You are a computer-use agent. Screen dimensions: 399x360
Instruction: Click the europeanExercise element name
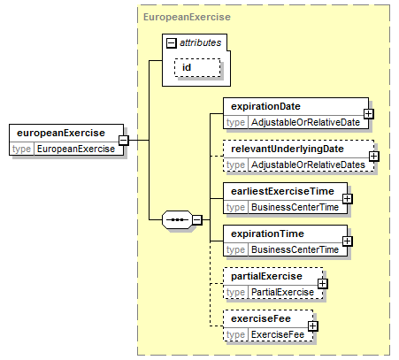[x=61, y=133]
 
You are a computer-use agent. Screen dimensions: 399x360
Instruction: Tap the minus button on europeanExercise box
[x=124, y=140]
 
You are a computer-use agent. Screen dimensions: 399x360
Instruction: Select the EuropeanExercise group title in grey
[x=187, y=17]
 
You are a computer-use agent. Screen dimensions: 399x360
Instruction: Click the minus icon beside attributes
[x=171, y=43]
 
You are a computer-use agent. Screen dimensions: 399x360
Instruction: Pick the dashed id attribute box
[x=197, y=67]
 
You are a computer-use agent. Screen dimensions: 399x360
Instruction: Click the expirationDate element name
[x=265, y=106]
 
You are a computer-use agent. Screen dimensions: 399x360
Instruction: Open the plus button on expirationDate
[x=369, y=114]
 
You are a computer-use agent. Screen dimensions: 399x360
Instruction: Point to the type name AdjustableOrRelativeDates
[x=308, y=165]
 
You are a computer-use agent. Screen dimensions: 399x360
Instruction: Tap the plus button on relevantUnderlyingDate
[x=374, y=157]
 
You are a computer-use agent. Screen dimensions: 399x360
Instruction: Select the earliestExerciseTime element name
[x=282, y=191]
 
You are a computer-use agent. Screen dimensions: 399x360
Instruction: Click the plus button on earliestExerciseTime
[x=348, y=199]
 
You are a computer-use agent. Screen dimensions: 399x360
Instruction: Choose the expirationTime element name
[x=267, y=234]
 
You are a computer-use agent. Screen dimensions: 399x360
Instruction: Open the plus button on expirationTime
[x=348, y=241]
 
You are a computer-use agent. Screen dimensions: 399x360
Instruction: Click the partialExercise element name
[x=266, y=276]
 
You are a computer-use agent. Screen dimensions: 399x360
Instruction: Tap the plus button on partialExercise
[x=323, y=284]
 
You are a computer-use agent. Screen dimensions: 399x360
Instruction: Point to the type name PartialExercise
[x=282, y=292]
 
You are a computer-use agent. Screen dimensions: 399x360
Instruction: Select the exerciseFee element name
[x=261, y=318]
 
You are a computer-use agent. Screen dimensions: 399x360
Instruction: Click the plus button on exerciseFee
[x=312, y=326]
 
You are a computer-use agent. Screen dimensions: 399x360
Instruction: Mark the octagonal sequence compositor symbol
[x=177, y=219]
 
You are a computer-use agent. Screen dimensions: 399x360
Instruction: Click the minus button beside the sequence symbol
[x=197, y=220]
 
